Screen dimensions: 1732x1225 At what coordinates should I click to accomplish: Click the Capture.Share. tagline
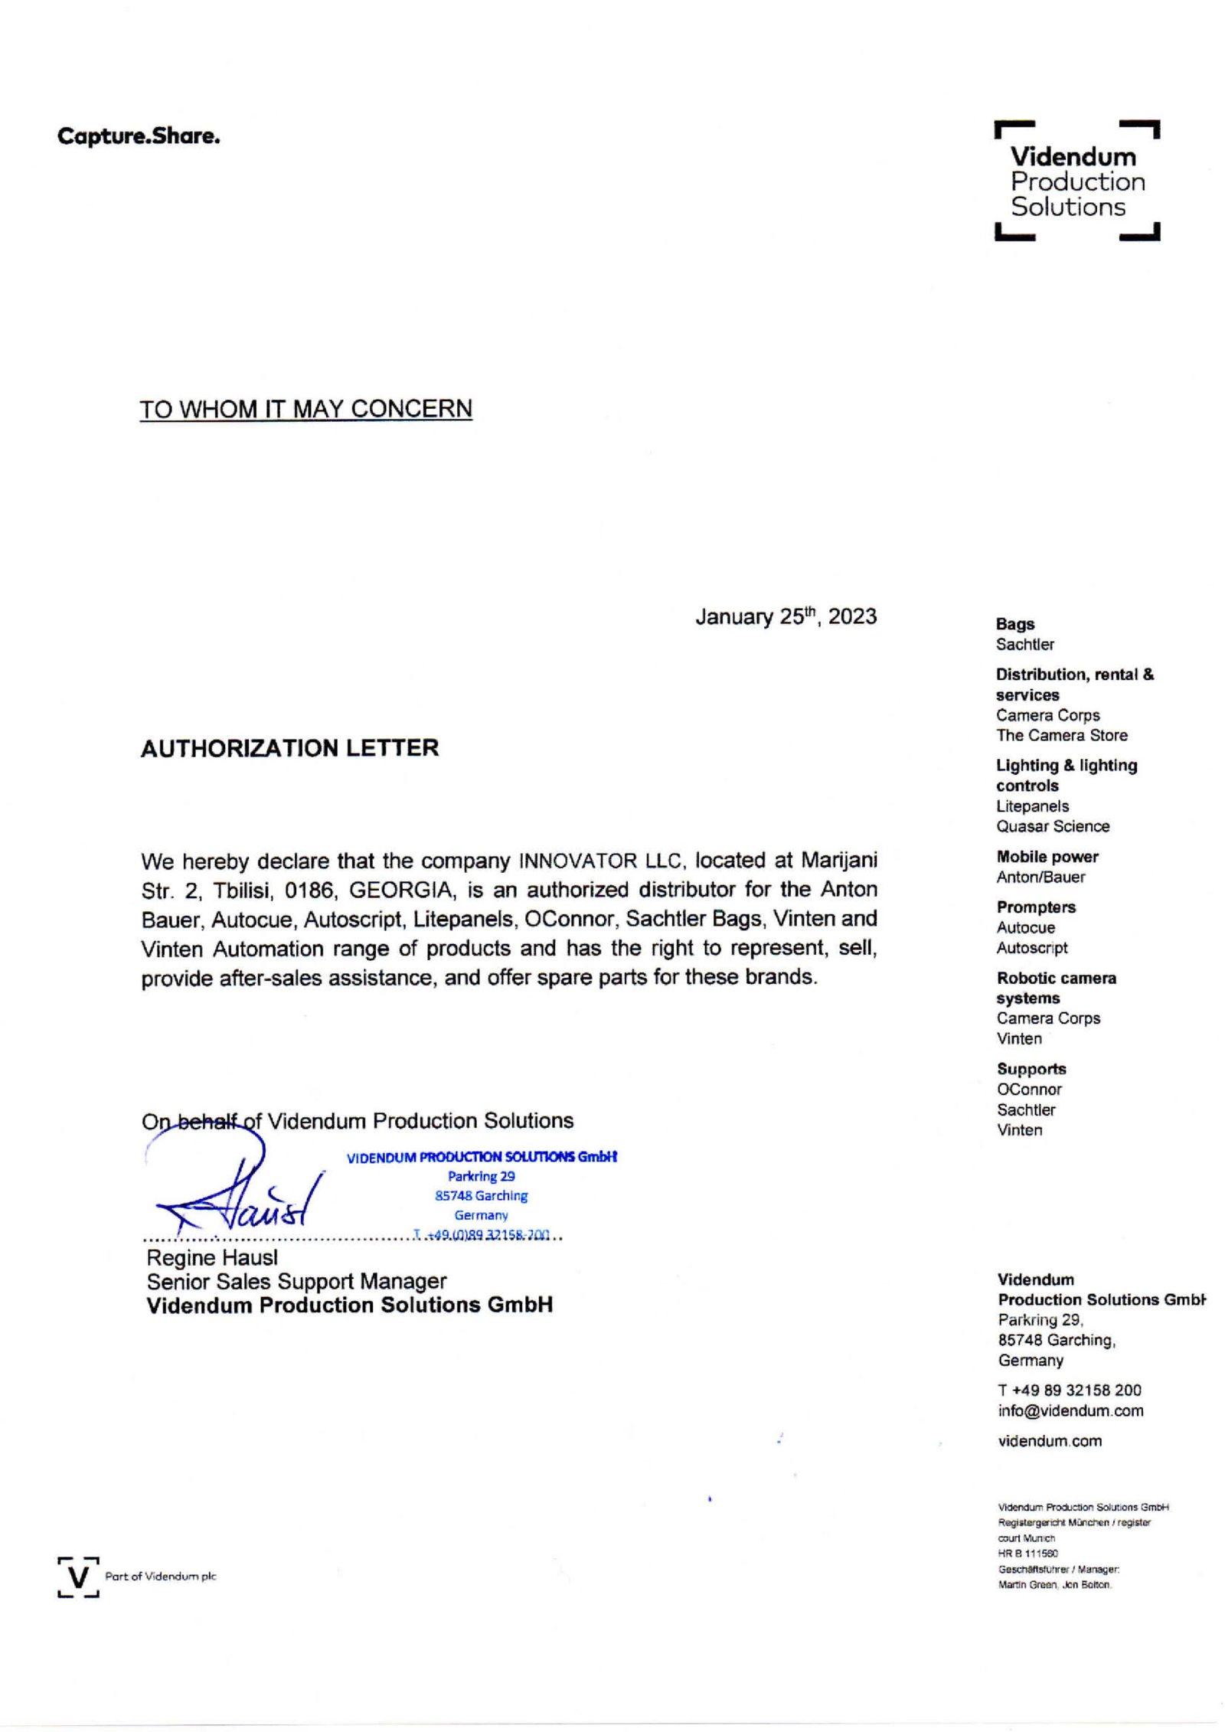tap(139, 137)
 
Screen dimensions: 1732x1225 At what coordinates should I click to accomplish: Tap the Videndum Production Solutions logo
tap(1076, 181)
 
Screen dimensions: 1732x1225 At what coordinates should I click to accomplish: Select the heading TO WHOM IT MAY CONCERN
tap(305, 409)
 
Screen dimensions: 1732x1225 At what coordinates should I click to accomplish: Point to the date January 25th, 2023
tap(786, 617)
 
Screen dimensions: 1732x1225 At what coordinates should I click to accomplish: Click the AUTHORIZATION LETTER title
tap(289, 748)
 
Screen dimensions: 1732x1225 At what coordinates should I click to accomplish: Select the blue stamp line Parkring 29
tap(481, 1176)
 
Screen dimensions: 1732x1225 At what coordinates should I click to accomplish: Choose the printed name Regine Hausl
tap(212, 1258)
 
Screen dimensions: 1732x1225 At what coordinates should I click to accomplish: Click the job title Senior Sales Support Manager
tap(296, 1282)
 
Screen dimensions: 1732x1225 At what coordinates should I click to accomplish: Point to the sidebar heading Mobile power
tap(1047, 857)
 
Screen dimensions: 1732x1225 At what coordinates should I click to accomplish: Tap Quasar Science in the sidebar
tap(1052, 826)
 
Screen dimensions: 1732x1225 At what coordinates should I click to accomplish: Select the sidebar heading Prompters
tap(1035, 907)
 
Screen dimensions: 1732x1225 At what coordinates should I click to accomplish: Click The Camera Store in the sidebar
tap(1061, 735)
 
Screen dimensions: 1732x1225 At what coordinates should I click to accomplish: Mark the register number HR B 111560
tap(1027, 1554)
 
